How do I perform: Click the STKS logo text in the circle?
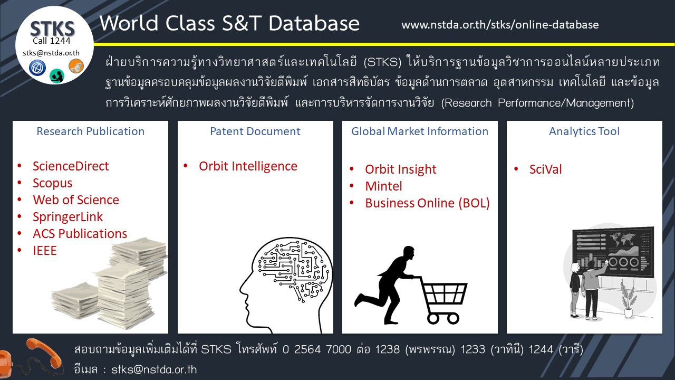tap(52, 28)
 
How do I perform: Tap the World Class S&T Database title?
tap(229, 23)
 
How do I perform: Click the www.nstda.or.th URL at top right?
tap(500, 25)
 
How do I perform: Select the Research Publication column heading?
tap(90, 131)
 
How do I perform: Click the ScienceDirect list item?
tap(71, 166)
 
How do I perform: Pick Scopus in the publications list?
tap(52, 183)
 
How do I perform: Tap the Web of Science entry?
tap(75, 200)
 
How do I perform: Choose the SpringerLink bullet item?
tap(67, 217)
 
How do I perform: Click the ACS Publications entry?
tap(80, 234)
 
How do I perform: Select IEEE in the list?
tap(44, 251)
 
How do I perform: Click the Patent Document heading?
tap(255, 131)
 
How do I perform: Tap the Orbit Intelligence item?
tap(248, 166)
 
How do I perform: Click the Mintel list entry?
tap(383, 186)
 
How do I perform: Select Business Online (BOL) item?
tap(427, 203)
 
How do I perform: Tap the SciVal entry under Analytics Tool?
tap(545, 169)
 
